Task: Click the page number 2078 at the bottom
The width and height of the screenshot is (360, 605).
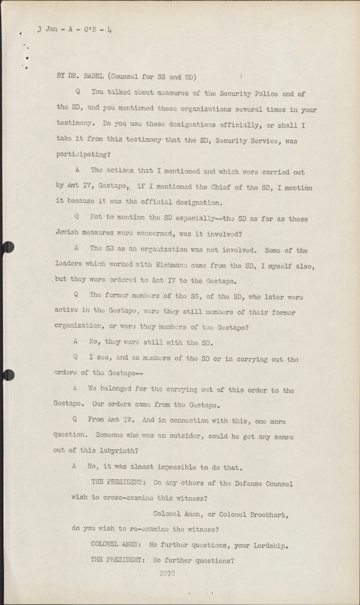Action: [x=166, y=574]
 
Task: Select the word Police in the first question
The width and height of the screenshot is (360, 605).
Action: [x=264, y=94]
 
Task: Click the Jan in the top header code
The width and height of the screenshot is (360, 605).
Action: [x=52, y=30]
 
